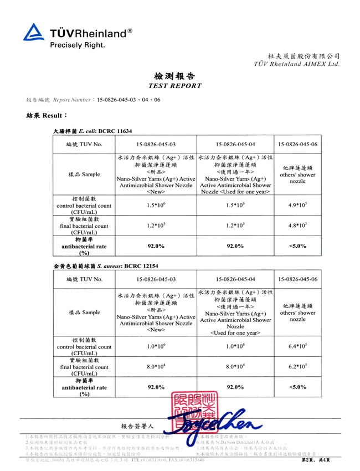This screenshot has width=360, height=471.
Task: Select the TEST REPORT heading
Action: (175, 86)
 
